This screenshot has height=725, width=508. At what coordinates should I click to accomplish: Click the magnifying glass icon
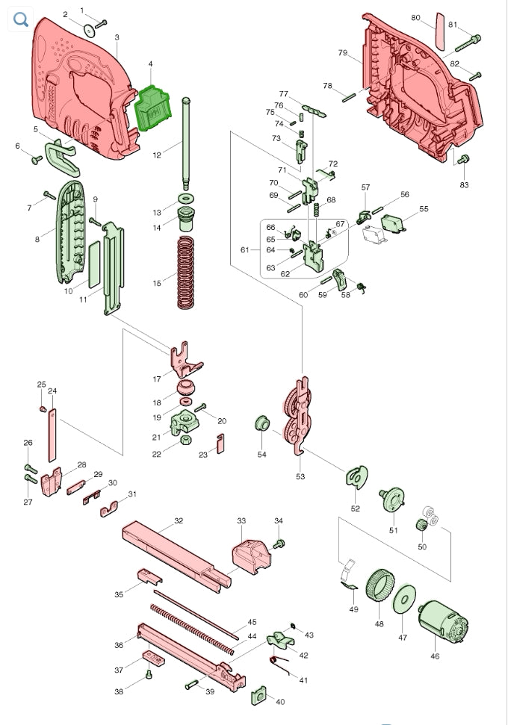pyautogui.click(x=21, y=19)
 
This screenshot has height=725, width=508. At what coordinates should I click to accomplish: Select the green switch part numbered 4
pyautogui.click(x=152, y=108)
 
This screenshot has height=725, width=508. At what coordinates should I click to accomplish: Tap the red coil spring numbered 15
pyautogui.click(x=185, y=273)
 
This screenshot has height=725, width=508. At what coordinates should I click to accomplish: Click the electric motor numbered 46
pyautogui.click(x=443, y=622)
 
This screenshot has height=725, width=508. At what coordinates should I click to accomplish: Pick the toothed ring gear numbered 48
pyautogui.click(x=380, y=585)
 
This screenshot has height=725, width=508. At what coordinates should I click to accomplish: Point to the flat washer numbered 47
pyautogui.click(x=404, y=600)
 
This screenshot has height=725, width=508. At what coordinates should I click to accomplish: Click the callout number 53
pyautogui.click(x=300, y=476)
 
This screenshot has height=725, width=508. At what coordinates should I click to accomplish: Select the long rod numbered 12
pyautogui.click(x=186, y=143)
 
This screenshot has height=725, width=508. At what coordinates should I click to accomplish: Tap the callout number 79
pyautogui.click(x=342, y=53)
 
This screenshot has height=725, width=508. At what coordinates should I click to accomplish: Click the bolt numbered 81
pyautogui.click(x=468, y=43)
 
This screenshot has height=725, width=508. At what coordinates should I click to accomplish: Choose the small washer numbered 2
pyautogui.click(x=90, y=31)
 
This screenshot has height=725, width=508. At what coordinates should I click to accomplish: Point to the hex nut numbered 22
pyautogui.click(x=184, y=440)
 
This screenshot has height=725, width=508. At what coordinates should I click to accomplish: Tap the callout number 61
pyautogui.click(x=245, y=250)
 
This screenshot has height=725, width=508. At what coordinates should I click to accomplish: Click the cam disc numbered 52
pyautogui.click(x=356, y=477)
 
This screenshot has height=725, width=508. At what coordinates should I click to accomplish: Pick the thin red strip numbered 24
pyautogui.click(x=52, y=435)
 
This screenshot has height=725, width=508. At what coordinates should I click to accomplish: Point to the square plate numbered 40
pyautogui.click(x=258, y=695)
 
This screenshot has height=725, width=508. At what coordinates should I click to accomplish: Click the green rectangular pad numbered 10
pyautogui.click(x=94, y=264)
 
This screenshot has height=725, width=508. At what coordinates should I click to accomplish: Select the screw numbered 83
pyautogui.click(x=463, y=160)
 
